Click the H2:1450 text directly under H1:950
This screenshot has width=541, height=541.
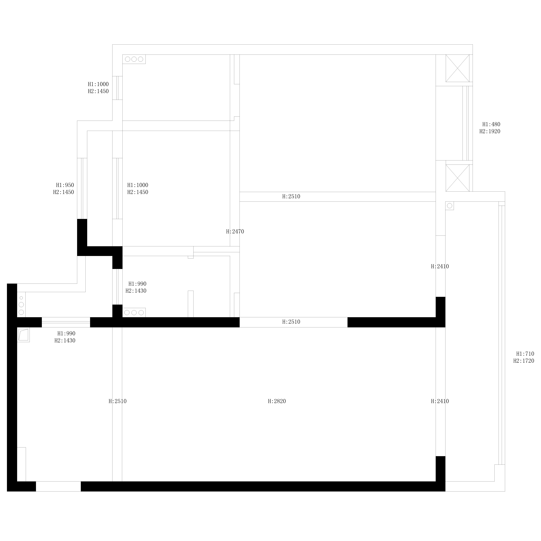64,192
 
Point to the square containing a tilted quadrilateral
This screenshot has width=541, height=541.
23,335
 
